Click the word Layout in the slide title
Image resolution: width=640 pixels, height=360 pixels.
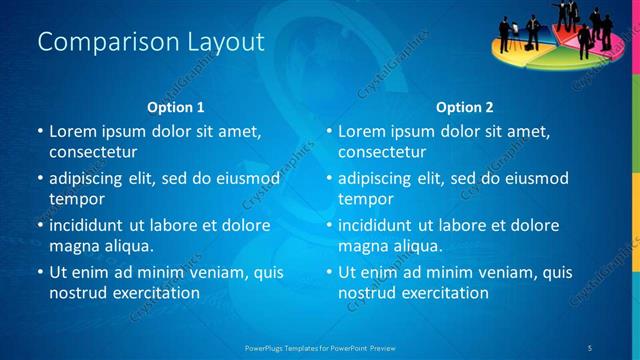tap(226, 42)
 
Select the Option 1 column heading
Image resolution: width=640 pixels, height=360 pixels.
tap(175, 107)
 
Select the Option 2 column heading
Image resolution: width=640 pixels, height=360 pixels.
tap(464, 107)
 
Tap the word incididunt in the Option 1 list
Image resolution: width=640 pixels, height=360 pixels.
tap(87, 225)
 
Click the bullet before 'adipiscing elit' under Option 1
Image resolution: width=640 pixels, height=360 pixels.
tap(41, 179)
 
